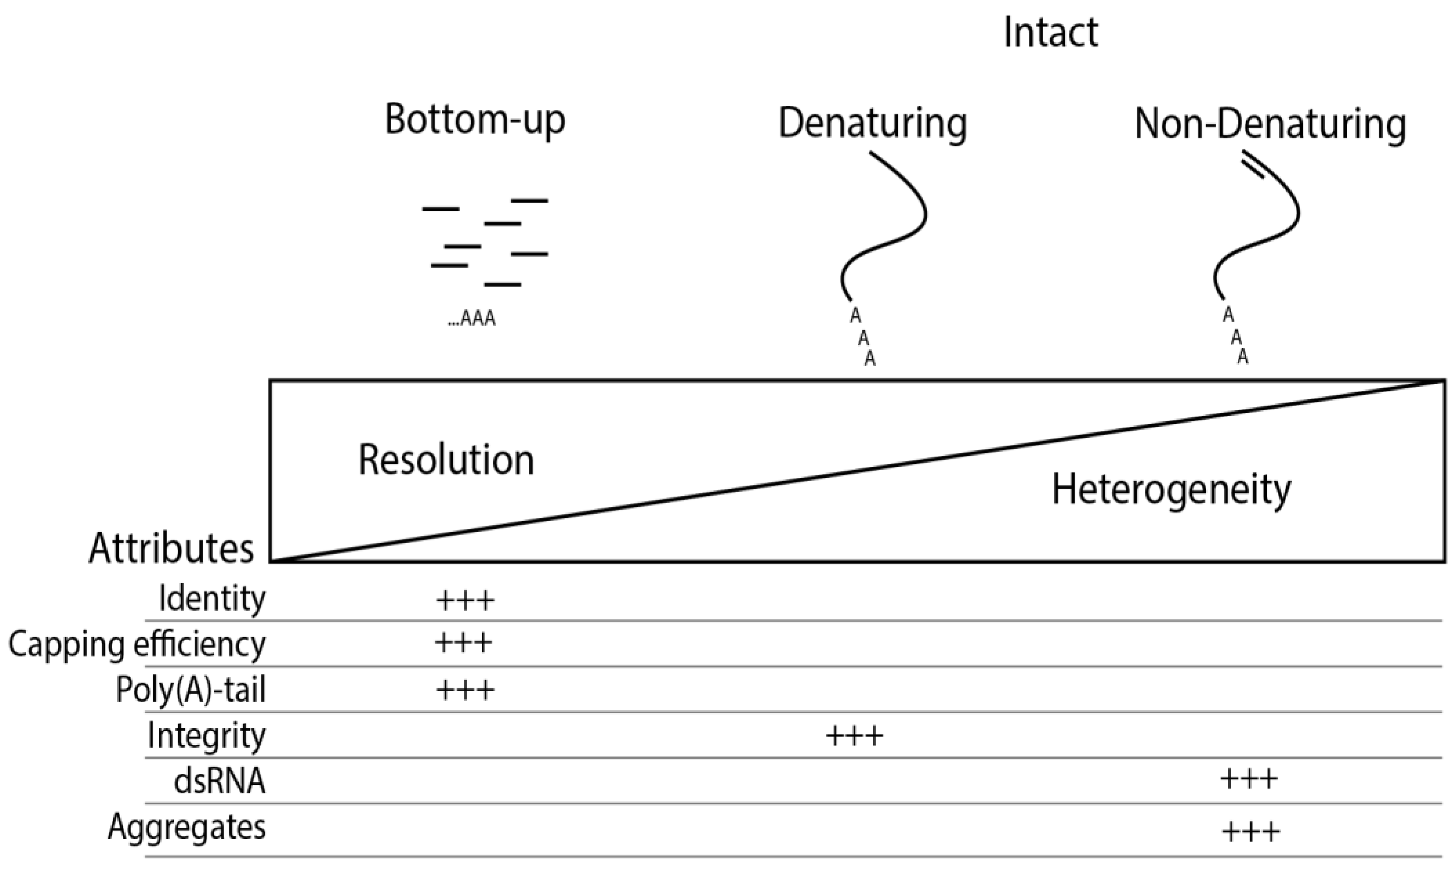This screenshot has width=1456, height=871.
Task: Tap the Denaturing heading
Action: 872,123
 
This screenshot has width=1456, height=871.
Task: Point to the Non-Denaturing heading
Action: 1270,124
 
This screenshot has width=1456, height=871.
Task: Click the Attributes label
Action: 171,549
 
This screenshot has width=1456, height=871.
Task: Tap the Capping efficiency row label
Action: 137,645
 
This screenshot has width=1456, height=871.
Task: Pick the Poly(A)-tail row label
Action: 191,690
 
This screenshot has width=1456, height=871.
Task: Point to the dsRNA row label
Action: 220,781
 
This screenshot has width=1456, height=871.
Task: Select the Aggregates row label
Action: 186,828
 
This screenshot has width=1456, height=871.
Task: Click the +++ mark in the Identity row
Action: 465,600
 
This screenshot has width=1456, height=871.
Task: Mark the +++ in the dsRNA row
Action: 1249,780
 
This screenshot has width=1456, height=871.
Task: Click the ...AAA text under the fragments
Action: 472,319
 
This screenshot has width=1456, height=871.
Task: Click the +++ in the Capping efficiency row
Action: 463,643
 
